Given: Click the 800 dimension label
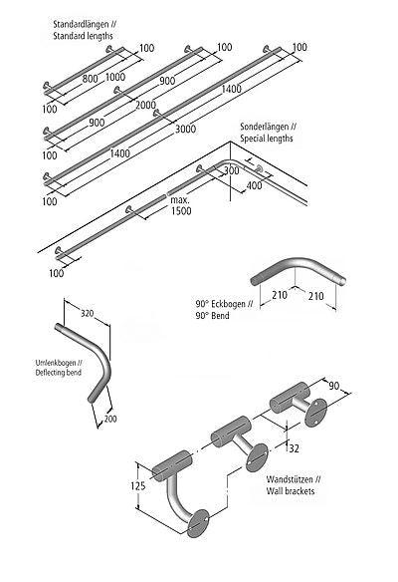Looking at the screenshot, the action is click(x=91, y=79).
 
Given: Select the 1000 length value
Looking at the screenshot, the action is click(x=115, y=77).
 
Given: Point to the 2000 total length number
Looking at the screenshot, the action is click(x=145, y=105).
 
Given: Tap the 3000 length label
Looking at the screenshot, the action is click(x=186, y=129).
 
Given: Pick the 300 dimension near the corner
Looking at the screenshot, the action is click(x=231, y=170).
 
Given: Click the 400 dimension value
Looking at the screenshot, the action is click(x=254, y=184).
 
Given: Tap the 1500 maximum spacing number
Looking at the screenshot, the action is click(x=181, y=211).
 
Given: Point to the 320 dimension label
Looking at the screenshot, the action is click(x=88, y=313).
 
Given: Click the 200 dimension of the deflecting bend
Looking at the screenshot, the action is click(x=110, y=419).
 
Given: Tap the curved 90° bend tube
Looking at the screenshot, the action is click(x=298, y=266).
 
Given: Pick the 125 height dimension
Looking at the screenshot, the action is click(x=138, y=486).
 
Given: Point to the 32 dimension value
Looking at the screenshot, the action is click(x=294, y=448).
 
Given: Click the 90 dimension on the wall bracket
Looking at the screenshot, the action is click(x=334, y=386).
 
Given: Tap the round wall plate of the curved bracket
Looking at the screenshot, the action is click(x=198, y=523).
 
